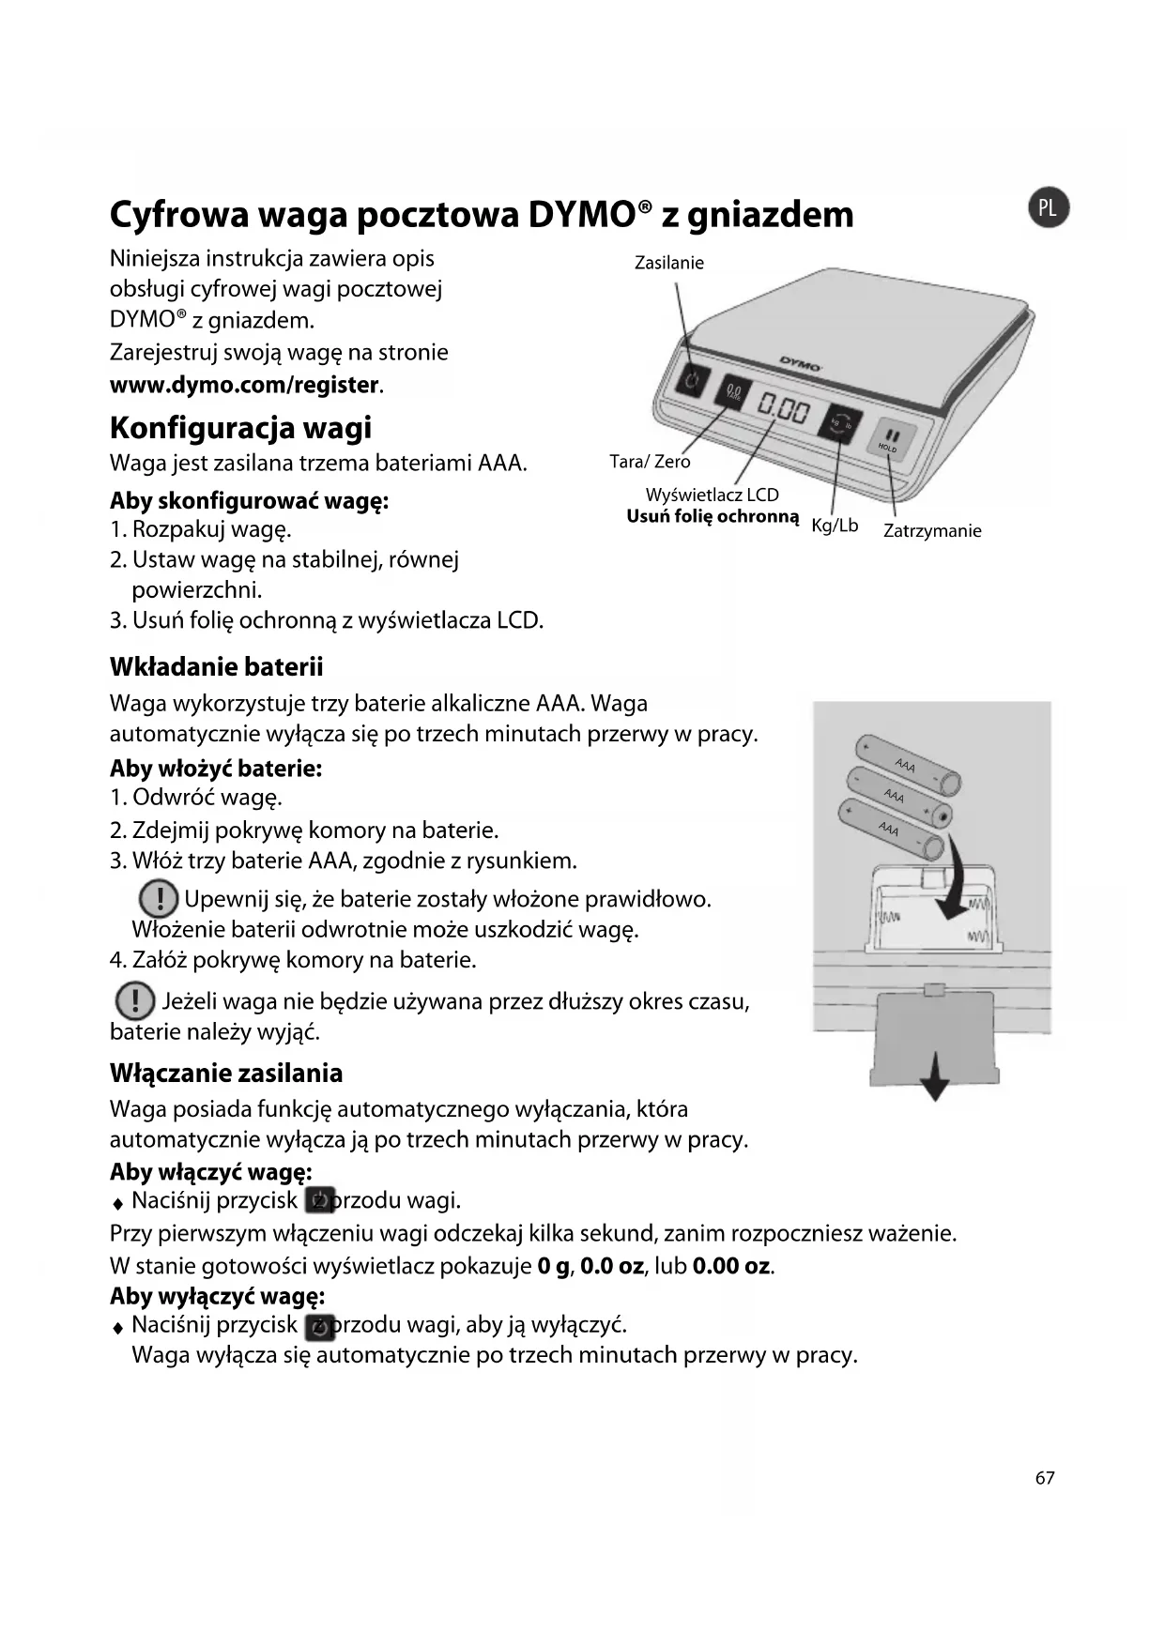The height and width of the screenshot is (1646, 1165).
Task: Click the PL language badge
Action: [x=1049, y=208]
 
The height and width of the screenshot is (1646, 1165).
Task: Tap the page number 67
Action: [x=1045, y=1478]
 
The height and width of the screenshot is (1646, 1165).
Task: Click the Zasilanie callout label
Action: [x=668, y=263]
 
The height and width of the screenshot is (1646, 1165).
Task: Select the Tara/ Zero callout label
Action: [x=650, y=462]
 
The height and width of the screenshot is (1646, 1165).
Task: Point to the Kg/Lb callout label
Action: [x=835, y=526]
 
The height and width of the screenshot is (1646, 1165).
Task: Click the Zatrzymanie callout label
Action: [x=932, y=531]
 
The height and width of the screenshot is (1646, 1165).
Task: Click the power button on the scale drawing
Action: [x=692, y=380]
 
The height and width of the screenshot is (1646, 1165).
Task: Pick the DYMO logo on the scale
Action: [x=800, y=363]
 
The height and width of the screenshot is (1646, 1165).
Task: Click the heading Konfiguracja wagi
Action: [x=240, y=428]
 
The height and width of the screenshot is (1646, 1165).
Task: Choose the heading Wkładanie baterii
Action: [x=216, y=667]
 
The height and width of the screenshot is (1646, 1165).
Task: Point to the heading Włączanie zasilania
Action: [x=226, y=1073]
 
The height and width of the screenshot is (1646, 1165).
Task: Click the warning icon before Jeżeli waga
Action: [x=135, y=1001]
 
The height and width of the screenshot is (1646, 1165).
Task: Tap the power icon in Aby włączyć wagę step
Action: [x=320, y=1200]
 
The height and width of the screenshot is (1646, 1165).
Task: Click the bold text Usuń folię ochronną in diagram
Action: [x=713, y=517]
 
